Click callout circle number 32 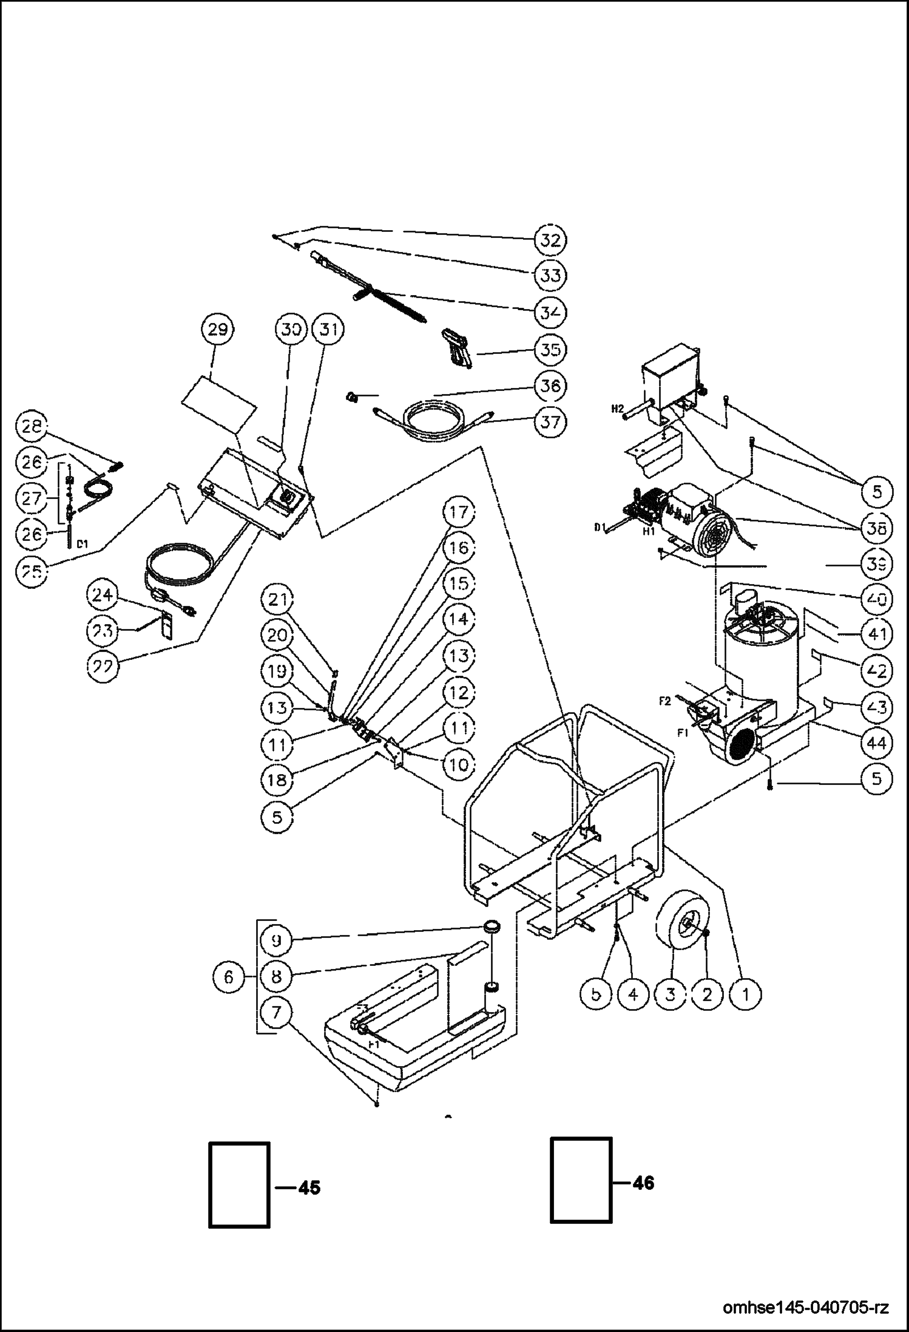point(550,239)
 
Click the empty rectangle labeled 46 point(581,1180)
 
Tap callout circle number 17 point(459,512)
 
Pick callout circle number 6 point(228,977)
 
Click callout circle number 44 point(877,743)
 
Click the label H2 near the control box point(617,409)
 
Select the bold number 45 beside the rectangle point(309,1188)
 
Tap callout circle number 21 point(277,600)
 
